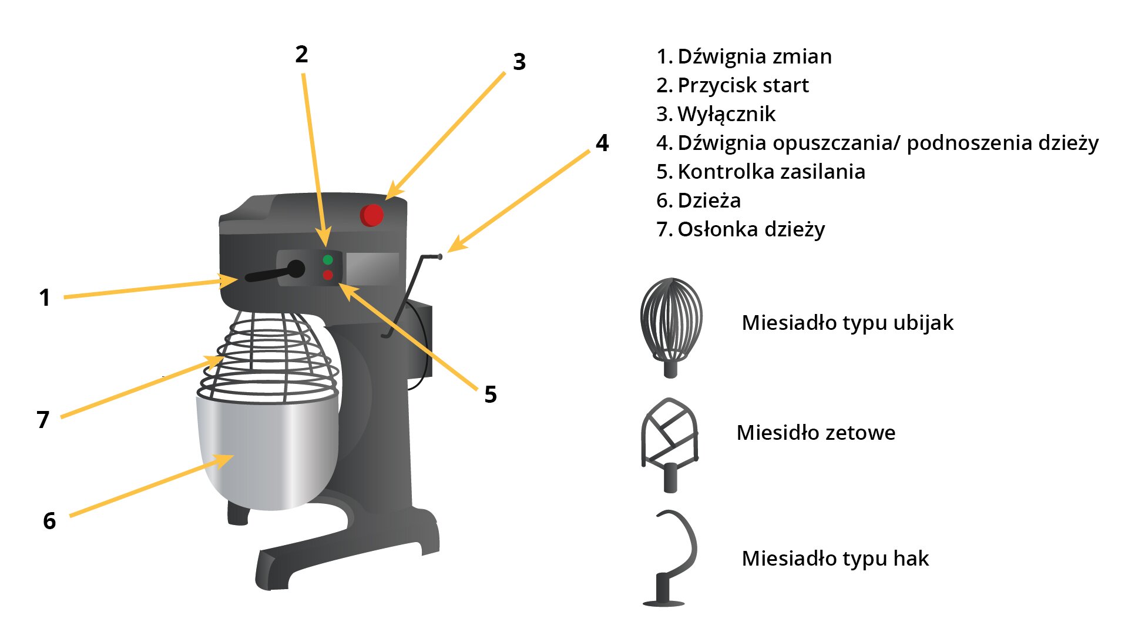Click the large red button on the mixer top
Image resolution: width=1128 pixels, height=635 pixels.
pos(372,215)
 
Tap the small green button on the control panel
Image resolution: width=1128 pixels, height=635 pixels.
pos(328,260)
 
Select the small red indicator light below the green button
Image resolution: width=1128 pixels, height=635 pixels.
pos(328,275)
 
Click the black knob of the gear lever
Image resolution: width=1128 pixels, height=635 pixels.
pos(296,269)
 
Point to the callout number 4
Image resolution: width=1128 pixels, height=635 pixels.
pos(602,143)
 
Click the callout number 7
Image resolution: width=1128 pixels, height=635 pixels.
pos(43,420)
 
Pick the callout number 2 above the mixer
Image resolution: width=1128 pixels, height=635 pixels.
pos(301,55)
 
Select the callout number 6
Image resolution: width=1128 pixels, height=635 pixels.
pos(49,521)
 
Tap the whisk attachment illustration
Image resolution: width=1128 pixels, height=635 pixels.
pos(671,327)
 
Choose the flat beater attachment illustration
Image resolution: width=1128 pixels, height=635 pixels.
pos(670,444)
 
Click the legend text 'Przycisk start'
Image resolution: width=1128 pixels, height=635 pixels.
pos(743,86)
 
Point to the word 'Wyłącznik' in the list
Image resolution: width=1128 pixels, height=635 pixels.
pos(726,115)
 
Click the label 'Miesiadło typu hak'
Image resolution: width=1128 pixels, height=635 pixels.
pos(835,559)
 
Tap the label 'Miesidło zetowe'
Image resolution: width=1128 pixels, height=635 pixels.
pos(815,433)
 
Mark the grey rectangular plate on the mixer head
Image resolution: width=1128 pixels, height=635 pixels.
pos(372,268)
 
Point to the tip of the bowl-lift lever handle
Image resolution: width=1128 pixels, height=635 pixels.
pos(439,257)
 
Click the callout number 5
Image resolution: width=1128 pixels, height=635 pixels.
pos(491,395)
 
